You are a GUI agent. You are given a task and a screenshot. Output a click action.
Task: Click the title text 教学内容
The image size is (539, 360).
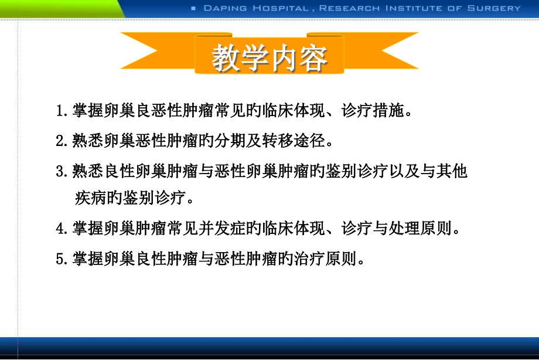269,59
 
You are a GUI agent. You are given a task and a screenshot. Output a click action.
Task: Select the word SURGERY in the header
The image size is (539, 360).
499,8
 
